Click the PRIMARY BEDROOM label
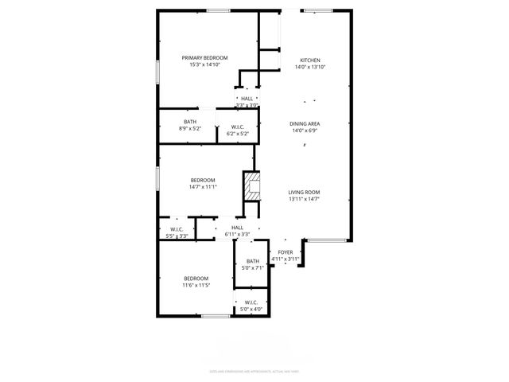pyautogui.click(x=204, y=58)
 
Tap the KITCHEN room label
pyautogui.click(x=309, y=60)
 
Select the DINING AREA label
pyautogui.click(x=304, y=124)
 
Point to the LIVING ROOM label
pyautogui.click(x=304, y=192)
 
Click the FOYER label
pyautogui.click(x=285, y=252)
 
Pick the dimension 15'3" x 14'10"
pyautogui.click(x=204, y=65)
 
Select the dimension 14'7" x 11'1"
pyautogui.click(x=203, y=187)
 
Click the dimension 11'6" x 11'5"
pyautogui.click(x=196, y=285)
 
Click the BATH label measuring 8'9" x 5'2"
pyautogui.click(x=190, y=122)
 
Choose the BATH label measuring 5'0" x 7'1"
pyautogui.click(x=252, y=261)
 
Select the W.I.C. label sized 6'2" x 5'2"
pyautogui.click(x=237, y=127)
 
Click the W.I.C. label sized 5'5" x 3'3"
pyautogui.click(x=176, y=229)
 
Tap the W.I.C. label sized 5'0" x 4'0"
pyautogui.click(x=251, y=302)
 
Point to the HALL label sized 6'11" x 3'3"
pyautogui.click(x=237, y=228)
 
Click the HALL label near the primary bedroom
pyautogui.click(x=247, y=99)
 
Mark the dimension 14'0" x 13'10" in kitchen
pyautogui.click(x=309, y=68)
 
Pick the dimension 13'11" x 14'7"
pyautogui.click(x=304, y=199)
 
